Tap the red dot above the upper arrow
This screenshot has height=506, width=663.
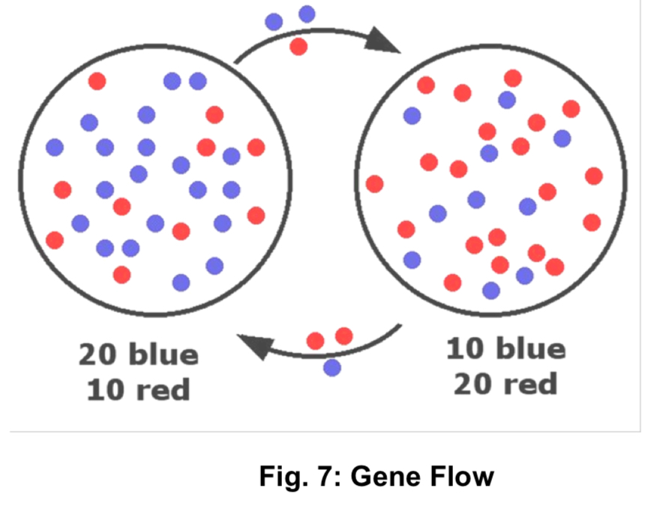pyautogui.click(x=298, y=47)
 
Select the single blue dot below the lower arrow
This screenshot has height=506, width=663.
pyautogui.click(x=332, y=367)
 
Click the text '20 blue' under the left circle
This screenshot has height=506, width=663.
pyautogui.click(x=139, y=354)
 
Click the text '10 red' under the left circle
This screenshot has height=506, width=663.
pyautogui.click(x=139, y=390)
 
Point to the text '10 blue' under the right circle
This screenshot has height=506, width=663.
pyautogui.click(x=506, y=349)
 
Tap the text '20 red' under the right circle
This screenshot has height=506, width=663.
pyautogui.click(x=506, y=384)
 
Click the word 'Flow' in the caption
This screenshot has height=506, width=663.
pyautogui.click(x=458, y=476)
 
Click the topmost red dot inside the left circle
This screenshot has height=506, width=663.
pyautogui.click(x=97, y=80)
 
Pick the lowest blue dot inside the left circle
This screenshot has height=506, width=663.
pyautogui.click(x=181, y=282)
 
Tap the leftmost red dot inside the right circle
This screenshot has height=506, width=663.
pyautogui.click(x=374, y=183)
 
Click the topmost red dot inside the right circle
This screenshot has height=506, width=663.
pyautogui.click(x=513, y=78)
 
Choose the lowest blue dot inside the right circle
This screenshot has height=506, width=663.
pyautogui.click(x=491, y=290)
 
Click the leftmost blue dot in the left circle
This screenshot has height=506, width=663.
pyautogui.click(x=55, y=147)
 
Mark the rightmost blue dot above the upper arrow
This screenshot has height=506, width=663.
pyautogui.click(x=307, y=14)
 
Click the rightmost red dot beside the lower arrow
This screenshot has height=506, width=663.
pyautogui.click(x=344, y=335)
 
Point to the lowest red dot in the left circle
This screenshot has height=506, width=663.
pyautogui.click(x=121, y=275)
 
